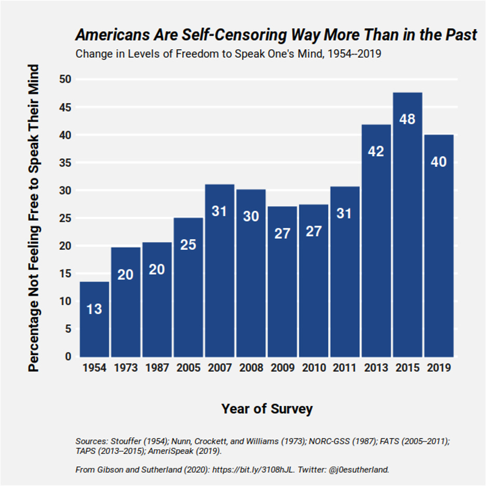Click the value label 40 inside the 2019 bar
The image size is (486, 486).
tap(439, 162)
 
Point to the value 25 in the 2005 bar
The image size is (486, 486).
tap(188, 245)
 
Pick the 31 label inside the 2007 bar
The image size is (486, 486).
tap(219, 211)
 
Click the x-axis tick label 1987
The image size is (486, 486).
tap(157, 368)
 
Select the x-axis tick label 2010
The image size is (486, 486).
tap(314, 368)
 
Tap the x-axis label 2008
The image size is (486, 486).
tap(251, 368)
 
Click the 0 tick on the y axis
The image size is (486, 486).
tap(67, 357)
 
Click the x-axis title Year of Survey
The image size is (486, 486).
tap(267, 409)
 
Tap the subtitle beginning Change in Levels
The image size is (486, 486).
tap(228, 54)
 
